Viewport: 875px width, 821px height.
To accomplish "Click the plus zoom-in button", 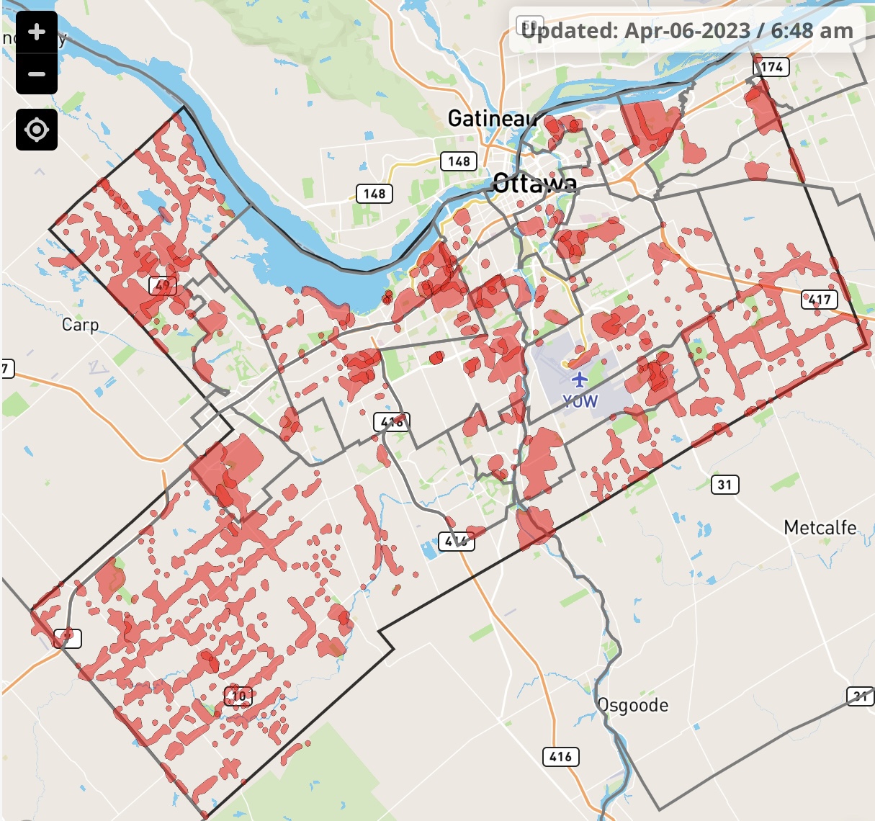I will (37, 32).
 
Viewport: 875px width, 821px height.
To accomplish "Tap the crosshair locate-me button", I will (37, 130).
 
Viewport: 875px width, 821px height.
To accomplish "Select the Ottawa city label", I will (534, 183).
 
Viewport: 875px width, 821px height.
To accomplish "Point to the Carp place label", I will (80, 325).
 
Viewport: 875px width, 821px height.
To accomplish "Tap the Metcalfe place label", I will (820, 528).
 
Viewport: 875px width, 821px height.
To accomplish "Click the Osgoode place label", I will (633, 705).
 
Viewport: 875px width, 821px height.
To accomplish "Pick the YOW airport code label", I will (580, 401).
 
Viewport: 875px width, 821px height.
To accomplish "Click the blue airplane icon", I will (578, 379).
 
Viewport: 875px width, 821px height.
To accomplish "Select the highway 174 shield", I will (771, 67).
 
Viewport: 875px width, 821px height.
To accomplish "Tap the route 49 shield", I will (163, 286).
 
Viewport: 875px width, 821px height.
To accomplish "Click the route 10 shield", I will (238, 696).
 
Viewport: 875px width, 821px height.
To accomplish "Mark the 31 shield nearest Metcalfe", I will (725, 485).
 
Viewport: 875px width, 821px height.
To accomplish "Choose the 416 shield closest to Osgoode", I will (560, 756).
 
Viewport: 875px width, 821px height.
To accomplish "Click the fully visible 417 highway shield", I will (820, 300).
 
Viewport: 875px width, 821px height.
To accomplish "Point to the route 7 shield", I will (6, 369).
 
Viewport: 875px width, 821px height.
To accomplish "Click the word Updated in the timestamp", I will (569, 31).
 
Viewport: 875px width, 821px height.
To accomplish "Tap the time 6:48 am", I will (812, 31).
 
